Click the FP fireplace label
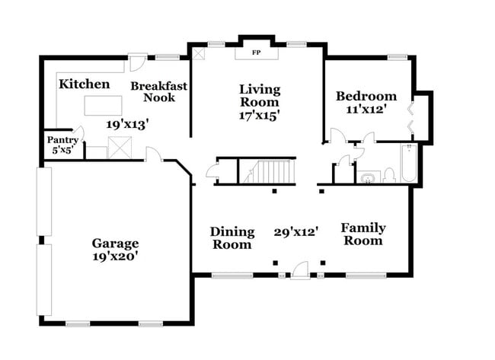256,53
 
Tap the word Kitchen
85,84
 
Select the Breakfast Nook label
158,91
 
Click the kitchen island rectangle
104,104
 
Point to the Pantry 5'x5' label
62,145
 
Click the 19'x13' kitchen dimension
126,123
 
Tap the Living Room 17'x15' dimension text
259,116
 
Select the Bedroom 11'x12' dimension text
366,110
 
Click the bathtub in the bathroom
408,164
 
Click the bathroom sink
368,177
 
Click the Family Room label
362,234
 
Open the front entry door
300,269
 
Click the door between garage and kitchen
153,155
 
